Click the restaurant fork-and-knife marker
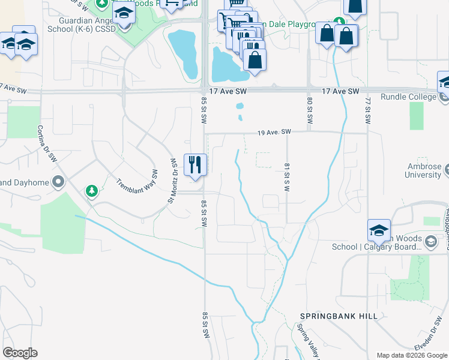tap(194, 165)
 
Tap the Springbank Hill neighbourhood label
tap(339, 316)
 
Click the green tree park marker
tap(91, 191)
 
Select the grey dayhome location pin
tap(58, 181)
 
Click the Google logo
tap(20, 353)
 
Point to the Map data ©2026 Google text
tap(411, 355)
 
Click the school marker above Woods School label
tap(379, 230)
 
